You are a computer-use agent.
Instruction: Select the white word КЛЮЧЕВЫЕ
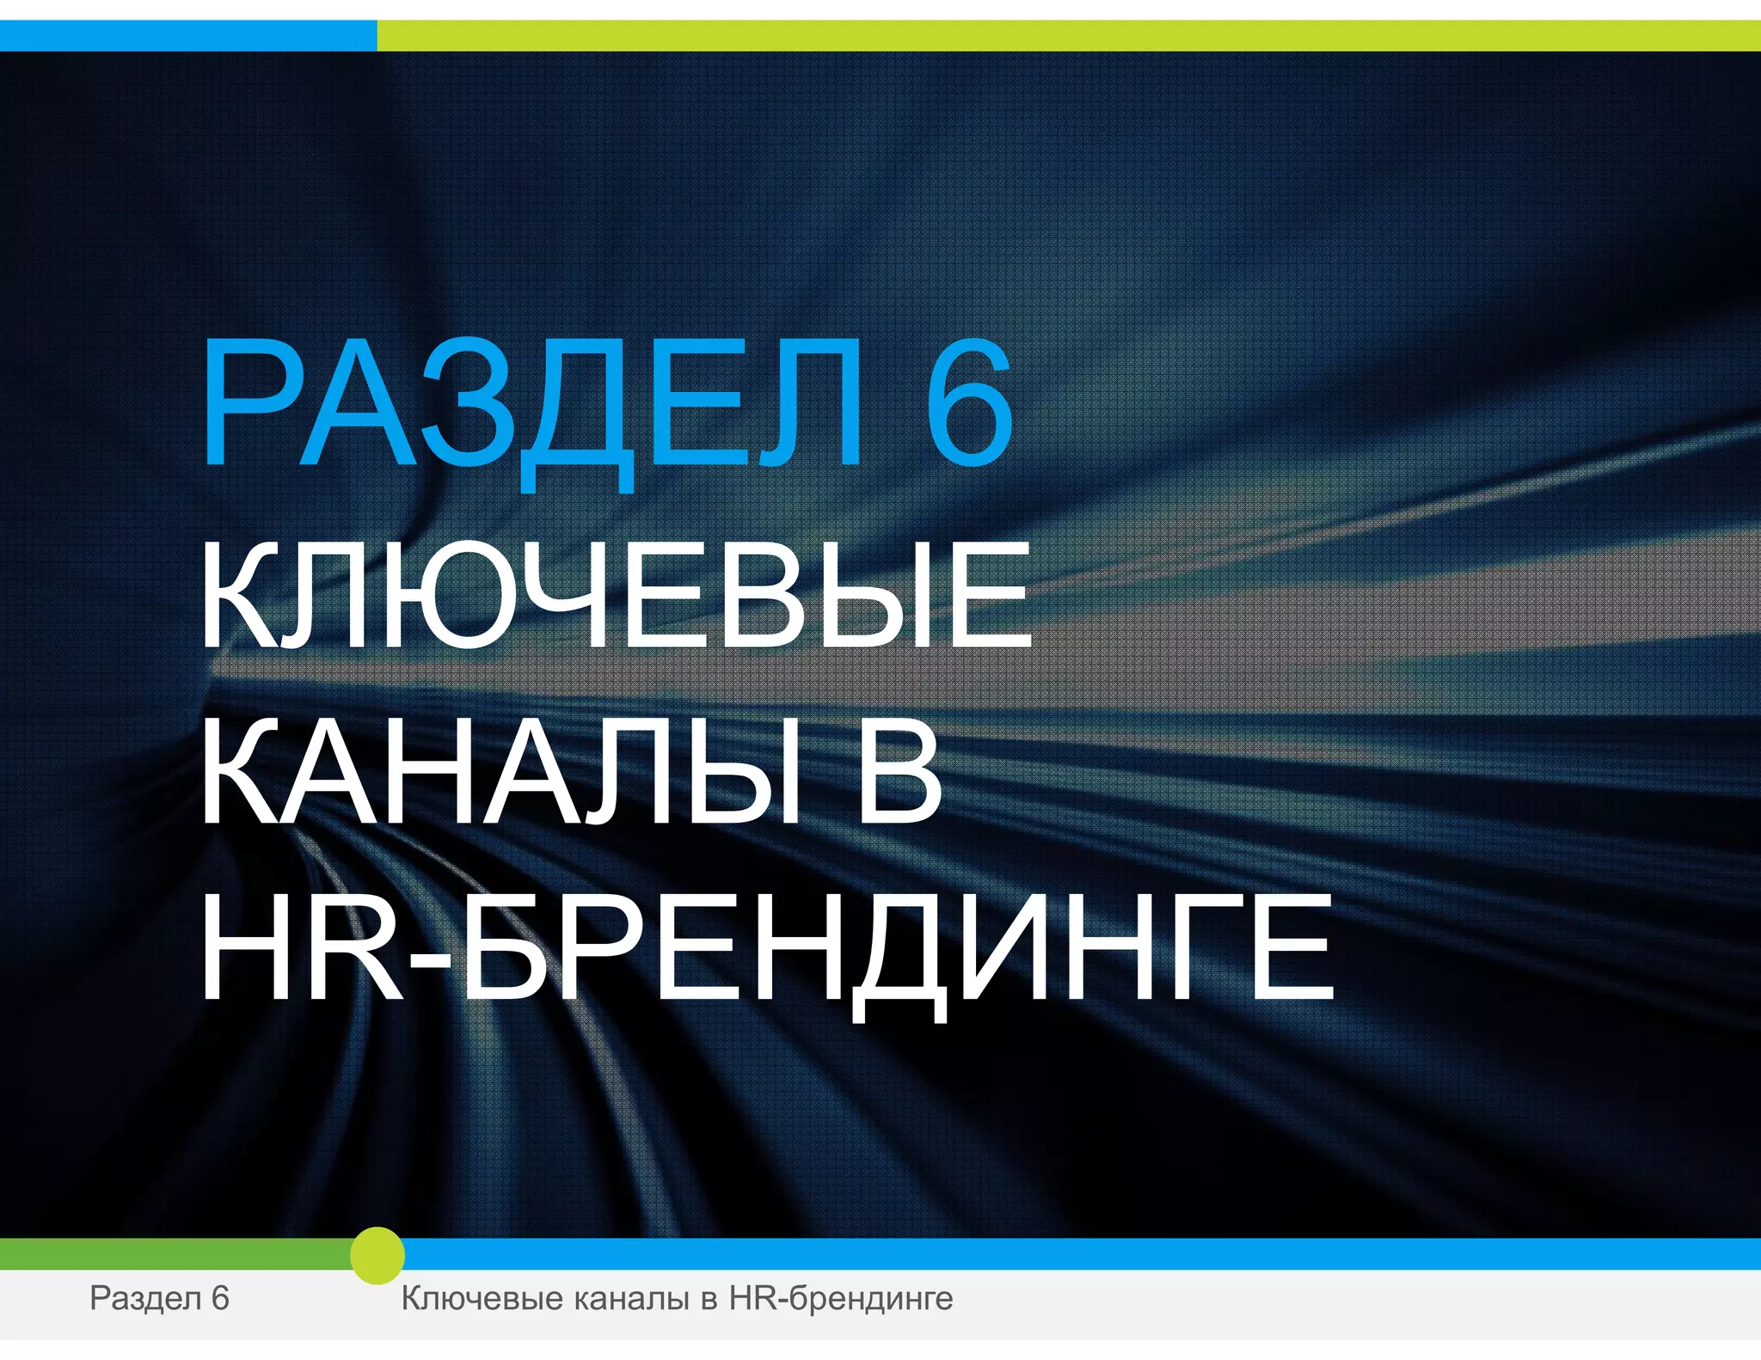(x=616, y=596)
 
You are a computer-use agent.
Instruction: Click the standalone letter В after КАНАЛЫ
(x=899, y=771)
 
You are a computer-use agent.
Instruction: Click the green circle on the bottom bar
(x=377, y=1255)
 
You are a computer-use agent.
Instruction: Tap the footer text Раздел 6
(x=159, y=1298)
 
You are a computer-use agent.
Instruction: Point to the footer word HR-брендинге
(x=841, y=1298)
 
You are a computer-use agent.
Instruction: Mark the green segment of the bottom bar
(x=172, y=1254)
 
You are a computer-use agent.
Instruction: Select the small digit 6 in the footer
(x=220, y=1298)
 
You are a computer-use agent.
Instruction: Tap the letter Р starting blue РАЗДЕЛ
(x=249, y=404)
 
